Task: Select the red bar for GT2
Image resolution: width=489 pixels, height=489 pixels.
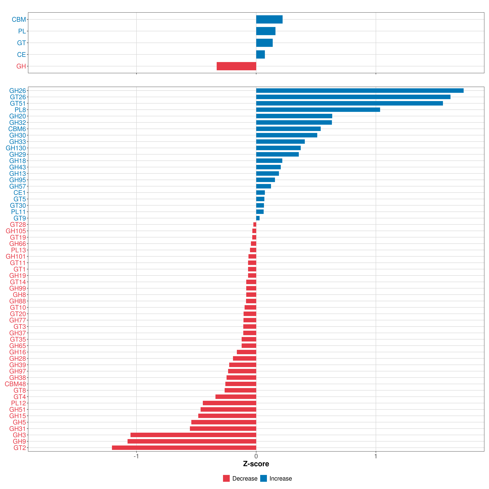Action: [x=184, y=448]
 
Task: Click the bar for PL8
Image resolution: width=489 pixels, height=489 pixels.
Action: [x=318, y=110]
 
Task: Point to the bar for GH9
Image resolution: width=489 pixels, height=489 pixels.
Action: [x=192, y=441]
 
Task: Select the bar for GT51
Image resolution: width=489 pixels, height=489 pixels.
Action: [x=349, y=103]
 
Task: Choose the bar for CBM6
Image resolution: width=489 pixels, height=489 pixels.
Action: [x=288, y=129]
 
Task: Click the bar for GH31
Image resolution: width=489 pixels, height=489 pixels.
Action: [x=223, y=428]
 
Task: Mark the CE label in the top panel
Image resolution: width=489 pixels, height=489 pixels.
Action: [x=21, y=55]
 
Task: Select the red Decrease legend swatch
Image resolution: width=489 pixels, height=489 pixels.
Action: [x=226, y=478]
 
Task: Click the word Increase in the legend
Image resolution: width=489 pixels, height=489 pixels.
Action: [x=280, y=478]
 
